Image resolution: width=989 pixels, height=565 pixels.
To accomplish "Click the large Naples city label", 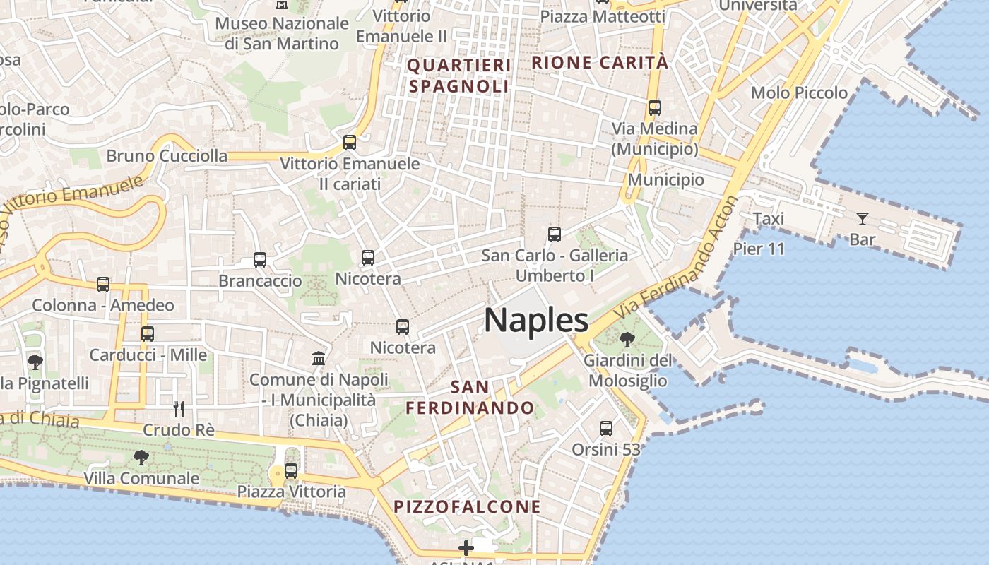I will coord(536,321).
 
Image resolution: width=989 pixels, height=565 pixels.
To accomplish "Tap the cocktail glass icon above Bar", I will coord(862,218).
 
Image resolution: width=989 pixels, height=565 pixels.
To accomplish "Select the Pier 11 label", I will coord(759,249).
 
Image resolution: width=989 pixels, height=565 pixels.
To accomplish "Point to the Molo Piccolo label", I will coord(799,93).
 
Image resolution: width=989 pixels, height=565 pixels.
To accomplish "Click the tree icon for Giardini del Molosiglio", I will coord(626,340).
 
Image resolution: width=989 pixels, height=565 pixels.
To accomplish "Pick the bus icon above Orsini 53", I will coord(605,428).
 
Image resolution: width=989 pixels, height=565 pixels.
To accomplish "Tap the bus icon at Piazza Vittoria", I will coord(290,470).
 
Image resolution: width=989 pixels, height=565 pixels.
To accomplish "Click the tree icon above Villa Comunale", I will coord(141,457).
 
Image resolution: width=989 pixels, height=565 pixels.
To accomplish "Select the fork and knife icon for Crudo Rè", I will coord(179,408).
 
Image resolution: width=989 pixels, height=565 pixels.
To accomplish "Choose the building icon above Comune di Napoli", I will coord(319,358).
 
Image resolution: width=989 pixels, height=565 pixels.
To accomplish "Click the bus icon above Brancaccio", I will coord(260,260).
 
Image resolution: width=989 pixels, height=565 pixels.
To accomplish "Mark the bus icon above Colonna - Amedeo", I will coord(103,285).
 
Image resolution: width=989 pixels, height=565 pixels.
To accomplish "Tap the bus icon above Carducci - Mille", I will coord(148,333).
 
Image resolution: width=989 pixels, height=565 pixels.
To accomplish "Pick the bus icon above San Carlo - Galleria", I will coord(555,234).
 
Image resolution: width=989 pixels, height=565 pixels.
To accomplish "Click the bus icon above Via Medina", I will coord(654,108).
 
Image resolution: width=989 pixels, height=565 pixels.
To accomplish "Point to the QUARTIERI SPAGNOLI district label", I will coord(459,76).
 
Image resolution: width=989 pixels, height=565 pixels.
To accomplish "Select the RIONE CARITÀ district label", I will coord(599,62).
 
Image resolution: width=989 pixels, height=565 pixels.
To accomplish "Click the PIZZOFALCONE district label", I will coord(467,506).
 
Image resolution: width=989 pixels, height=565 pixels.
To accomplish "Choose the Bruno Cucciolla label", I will coord(167,155).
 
